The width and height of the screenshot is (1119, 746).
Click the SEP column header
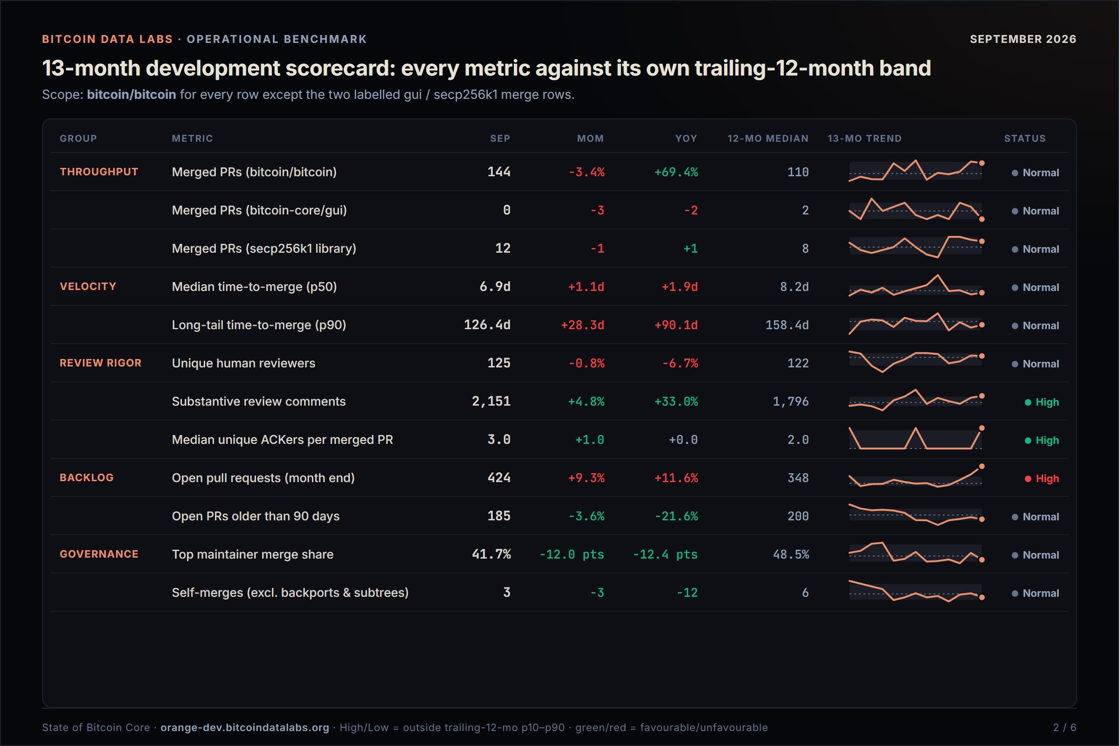500,138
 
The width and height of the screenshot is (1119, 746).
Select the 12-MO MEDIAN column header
768,138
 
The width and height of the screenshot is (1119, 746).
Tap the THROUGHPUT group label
99,172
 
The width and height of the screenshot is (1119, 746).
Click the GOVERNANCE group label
99,554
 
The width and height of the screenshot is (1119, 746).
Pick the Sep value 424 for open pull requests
499,477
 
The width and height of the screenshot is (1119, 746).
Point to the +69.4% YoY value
676,172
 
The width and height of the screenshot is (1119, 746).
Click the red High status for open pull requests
1042,479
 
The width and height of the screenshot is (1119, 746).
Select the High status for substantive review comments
1042,402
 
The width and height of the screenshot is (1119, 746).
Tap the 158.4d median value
787,325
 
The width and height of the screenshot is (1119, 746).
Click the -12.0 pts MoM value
572,554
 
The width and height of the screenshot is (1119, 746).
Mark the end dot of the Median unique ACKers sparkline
981,428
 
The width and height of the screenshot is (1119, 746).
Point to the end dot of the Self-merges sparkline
981,598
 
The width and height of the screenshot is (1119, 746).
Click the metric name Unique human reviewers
243,363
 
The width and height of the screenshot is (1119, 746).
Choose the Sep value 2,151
491,401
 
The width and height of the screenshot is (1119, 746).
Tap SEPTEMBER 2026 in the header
1023,39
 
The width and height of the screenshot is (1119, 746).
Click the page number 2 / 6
1065,727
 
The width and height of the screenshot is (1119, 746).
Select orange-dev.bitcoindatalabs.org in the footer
244,727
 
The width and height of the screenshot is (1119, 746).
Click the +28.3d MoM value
582,325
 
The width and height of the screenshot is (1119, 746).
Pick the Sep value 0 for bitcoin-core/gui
507,210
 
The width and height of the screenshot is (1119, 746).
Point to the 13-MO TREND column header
864,138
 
